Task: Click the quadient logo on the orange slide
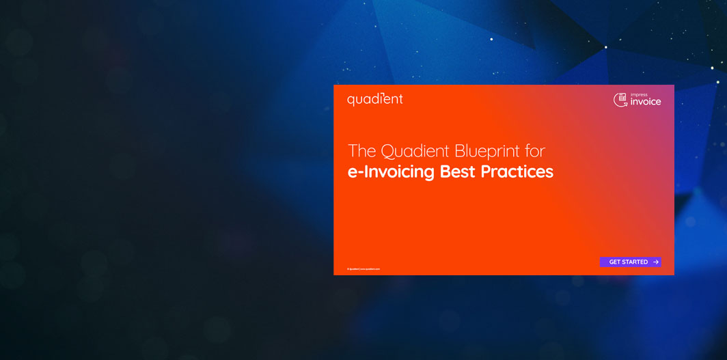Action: tap(374, 99)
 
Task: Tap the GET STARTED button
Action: tap(630, 262)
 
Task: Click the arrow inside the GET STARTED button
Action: tap(656, 262)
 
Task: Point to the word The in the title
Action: tap(362, 150)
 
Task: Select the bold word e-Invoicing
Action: tap(391, 171)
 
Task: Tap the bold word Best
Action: tap(458, 171)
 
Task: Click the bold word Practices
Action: tap(517, 171)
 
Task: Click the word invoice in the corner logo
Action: tap(646, 102)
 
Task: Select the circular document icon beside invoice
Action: tap(620, 100)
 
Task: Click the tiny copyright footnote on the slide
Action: tap(363, 269)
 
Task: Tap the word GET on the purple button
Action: tap(615, 262)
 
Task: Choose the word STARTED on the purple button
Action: tap(635, 262)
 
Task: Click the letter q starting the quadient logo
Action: tap(351, 100)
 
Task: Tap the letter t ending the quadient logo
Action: tap(400, 99)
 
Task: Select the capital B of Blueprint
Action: tap(451, 150)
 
